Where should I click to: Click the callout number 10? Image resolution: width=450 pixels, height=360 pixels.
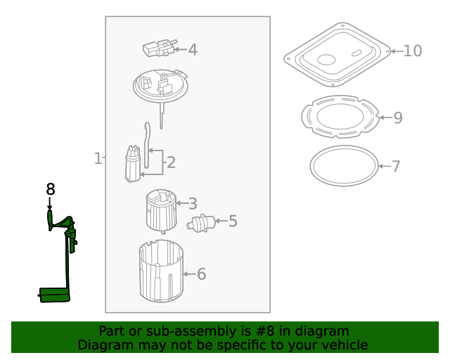pyautogui.click(x=413, y=51)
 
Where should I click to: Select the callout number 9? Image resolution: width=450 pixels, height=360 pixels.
pyautogui.click(x=398, y=117)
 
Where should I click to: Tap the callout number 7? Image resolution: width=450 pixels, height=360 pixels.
pyautogui.click(x=396, y=167)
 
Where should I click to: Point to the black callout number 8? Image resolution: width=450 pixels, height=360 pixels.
pyautogui.click(x=50, y=189)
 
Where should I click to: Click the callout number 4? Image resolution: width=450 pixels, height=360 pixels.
pyautogui.click(x=192, y=49)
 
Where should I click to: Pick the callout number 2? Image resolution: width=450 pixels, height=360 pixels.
pyautogui.click(x=170, y=163)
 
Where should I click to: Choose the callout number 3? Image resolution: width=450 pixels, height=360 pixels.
pyautogui.click(x=192, y=204)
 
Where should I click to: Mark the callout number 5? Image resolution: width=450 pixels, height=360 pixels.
pyautogui.click(x=232, y=221)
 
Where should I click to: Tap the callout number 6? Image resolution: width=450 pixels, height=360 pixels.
pyautogui.click(x=201, y=274)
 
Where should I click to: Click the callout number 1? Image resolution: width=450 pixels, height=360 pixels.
pyautogui.click(x=98, y=158)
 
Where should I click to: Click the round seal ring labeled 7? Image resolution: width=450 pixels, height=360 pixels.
pyautogui.click(x=344, y=166)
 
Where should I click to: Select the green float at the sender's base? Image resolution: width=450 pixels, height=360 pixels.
pyautogui.click(x=54, y=295)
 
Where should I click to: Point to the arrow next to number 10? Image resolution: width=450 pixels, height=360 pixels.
pyautogui.click(x=395, y=51)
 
